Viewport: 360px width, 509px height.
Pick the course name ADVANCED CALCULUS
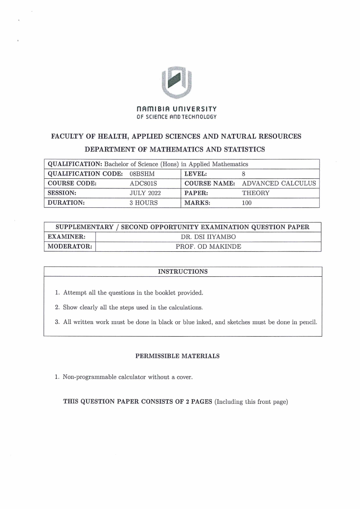(279, 183)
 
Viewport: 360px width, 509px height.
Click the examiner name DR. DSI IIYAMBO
(208, 237)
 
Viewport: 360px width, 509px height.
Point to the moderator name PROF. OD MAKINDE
(208, 247)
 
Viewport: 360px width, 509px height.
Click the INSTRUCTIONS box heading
(183, 272)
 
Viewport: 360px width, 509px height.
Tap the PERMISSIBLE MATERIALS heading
(177, 356)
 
